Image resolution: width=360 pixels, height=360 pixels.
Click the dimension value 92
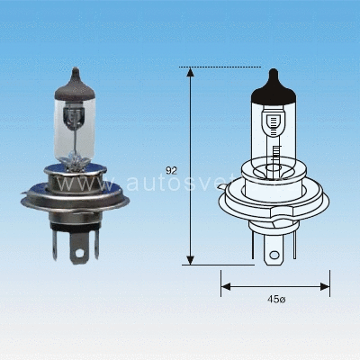(x=172, y=168)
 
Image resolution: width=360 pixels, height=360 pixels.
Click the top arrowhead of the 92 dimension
(x=189, y=71)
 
